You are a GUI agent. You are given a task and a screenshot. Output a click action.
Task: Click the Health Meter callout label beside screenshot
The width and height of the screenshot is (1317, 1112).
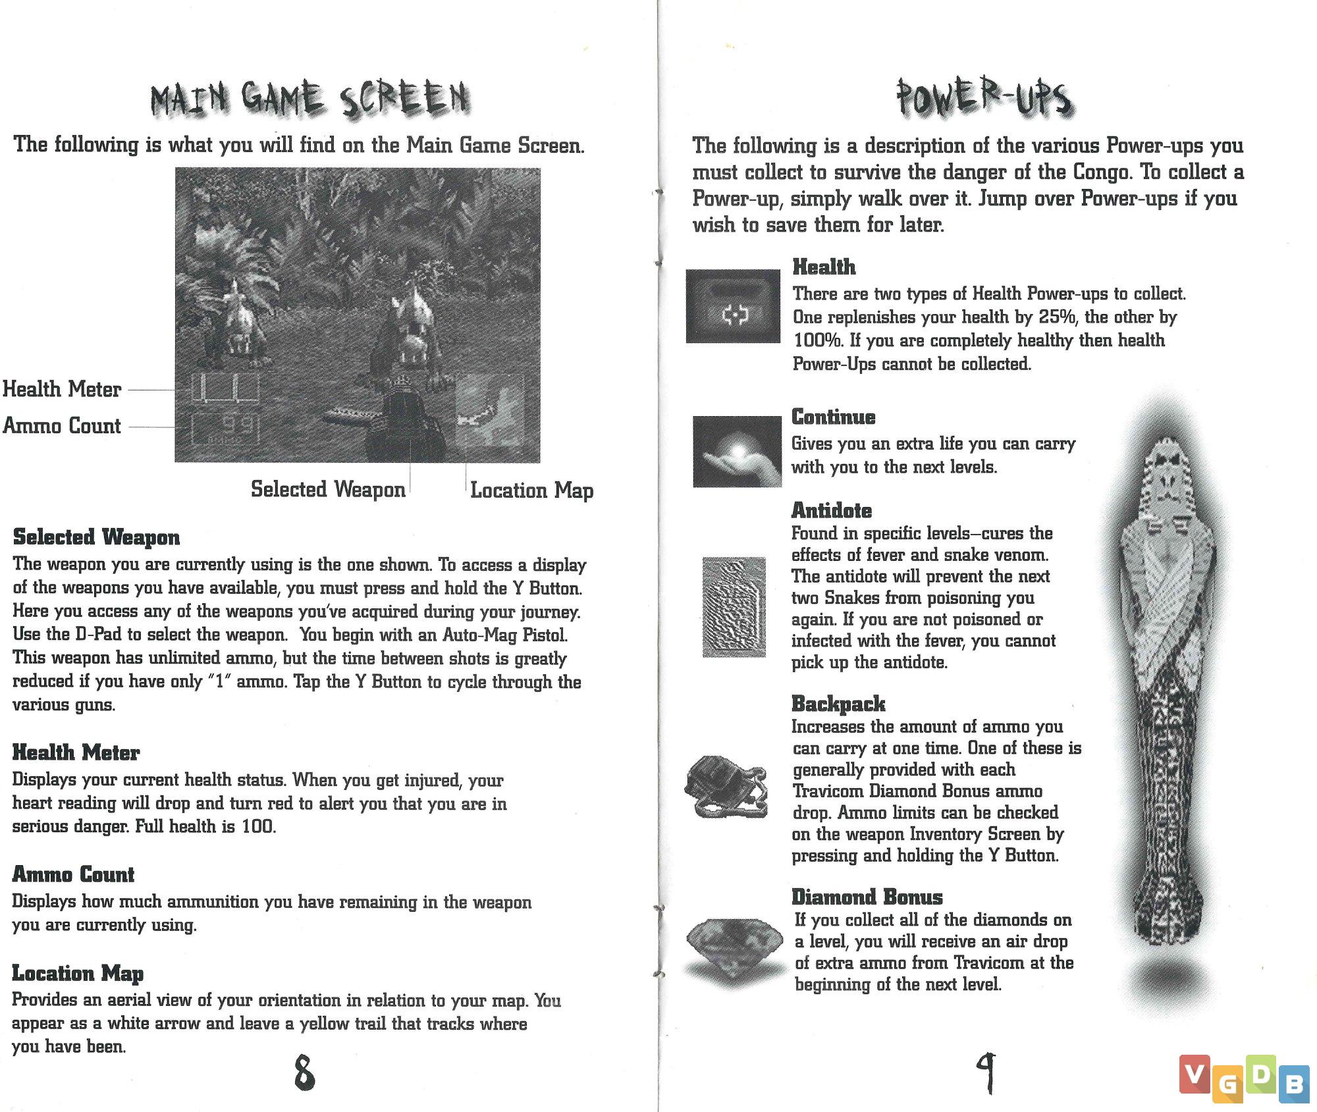[62, 389]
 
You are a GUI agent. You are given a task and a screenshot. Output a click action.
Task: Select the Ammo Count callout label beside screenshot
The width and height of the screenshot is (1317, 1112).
[62, 426]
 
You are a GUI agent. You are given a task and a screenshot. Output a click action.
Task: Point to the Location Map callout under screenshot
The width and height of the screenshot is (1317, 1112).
[531, 490]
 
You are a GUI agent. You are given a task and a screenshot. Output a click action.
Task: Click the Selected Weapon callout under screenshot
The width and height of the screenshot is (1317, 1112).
[328, 489]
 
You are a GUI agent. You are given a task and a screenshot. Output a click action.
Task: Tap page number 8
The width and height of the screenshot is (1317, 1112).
[304, 1072]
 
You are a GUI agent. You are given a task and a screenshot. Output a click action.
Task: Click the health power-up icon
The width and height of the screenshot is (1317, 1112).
[733, 306]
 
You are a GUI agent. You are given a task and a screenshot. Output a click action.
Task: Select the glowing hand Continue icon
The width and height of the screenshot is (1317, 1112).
[737, 452]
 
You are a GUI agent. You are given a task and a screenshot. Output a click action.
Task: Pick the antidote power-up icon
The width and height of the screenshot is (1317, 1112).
[734, 606]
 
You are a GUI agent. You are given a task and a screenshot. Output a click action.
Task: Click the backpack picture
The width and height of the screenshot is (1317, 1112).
[726, 787]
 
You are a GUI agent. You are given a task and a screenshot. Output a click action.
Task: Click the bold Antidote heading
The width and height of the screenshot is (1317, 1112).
[831, 510]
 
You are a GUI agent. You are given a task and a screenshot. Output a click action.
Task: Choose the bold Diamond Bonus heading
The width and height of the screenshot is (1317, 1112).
[867, 897]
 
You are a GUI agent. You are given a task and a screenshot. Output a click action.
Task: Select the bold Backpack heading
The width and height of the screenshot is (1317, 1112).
[838, 704]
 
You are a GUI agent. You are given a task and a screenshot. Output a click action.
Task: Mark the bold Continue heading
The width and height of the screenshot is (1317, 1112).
[833, 417]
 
